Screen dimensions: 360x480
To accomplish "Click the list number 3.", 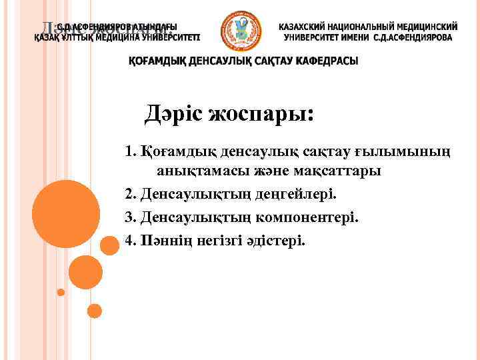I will pos(130,217).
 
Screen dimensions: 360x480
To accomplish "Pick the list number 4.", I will pos(130,239).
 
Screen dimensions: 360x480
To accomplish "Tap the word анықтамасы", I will pos(199,172).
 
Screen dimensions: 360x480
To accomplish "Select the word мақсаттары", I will pos(337,172).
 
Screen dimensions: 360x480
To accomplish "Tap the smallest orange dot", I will pos(61,292).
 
